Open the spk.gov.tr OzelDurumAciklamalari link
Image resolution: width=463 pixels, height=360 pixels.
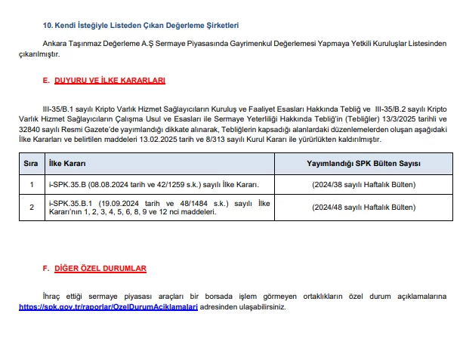coord(108,307)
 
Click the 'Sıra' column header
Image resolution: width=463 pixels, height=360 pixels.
coord(31,163)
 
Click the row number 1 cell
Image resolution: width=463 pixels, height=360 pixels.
coord(31,184)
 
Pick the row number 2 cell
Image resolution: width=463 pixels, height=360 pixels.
coord(31,208)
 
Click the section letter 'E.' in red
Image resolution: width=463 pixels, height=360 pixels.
coord(46,79)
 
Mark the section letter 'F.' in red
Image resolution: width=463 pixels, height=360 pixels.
coord(46,268)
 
